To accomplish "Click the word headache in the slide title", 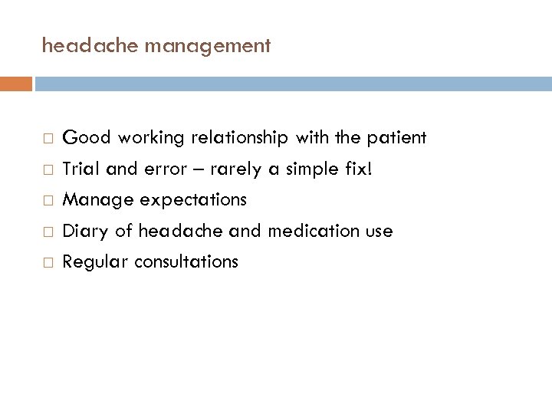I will [79, 46].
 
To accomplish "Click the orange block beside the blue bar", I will [16, 83].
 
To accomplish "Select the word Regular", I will [94, 262].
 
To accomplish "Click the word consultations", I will [186, 261].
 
